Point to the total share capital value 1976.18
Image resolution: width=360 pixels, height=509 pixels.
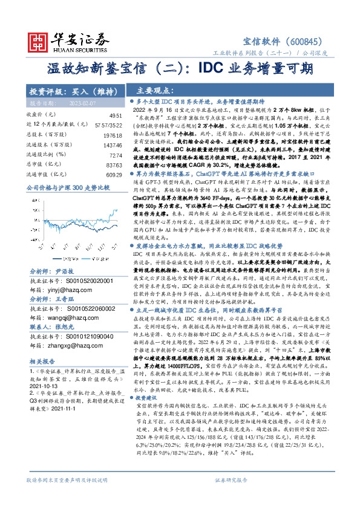113,136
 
